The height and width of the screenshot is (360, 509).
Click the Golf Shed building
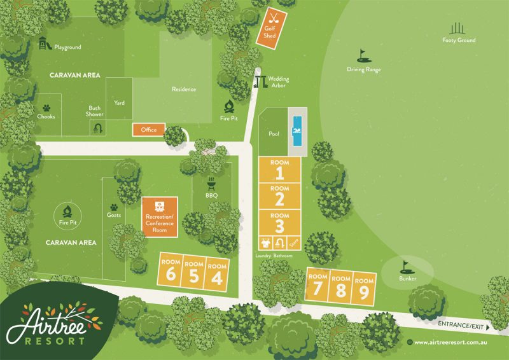[x=270, y=27]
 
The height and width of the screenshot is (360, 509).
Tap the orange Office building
[x=148, y=130]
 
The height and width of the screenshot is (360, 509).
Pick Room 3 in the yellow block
[x=279, y=223]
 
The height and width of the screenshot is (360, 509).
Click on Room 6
[x=170, y=273]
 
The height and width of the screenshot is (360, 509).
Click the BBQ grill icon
[x=211, y=184]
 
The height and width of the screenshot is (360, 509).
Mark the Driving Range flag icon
[x=363, y=55]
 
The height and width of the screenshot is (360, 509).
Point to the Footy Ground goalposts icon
[x=458, y=28]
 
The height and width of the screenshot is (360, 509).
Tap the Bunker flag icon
[x=405, y=267]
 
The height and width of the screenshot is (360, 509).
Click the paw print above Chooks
[x=46, y=108]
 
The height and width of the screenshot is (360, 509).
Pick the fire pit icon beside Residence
[x=230, y=106]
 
